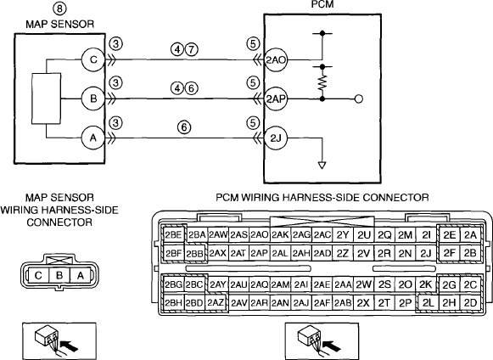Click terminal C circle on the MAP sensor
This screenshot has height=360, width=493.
click(x=93, y=59)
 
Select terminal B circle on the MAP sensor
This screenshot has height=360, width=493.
click(x=93, y=98)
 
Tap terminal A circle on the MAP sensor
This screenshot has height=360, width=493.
click(x=93, y=138)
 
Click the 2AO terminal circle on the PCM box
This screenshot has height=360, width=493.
click(x=276, y=59)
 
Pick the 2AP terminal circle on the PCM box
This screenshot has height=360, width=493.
click(x=276, y=99)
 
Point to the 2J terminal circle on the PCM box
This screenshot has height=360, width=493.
click(x=276, y=138)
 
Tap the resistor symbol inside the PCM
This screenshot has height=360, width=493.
click(x=322, y=82)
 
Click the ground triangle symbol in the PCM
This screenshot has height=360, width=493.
click(x=322, y=166)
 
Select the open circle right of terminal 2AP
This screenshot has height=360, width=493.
click(x=359, y=99)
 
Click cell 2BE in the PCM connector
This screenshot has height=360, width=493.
click(x=174, y=234)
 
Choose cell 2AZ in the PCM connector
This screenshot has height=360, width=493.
click(x=216, y=303)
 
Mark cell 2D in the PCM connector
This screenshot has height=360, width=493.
click(x=470, y=303)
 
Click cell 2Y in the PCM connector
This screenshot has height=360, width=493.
click(x=343, y=234)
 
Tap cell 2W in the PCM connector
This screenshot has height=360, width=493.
click(x=364, y=284)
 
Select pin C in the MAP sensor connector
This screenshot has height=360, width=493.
click(x=38, y=276)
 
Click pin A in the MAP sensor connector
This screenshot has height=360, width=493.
click(x=81, y=276)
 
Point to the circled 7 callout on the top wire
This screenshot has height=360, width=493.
click(x=192, y=49)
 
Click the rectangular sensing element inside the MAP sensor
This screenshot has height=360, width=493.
click(x=46, y=98)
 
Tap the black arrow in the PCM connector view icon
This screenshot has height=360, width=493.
click(x=333, y=346)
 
